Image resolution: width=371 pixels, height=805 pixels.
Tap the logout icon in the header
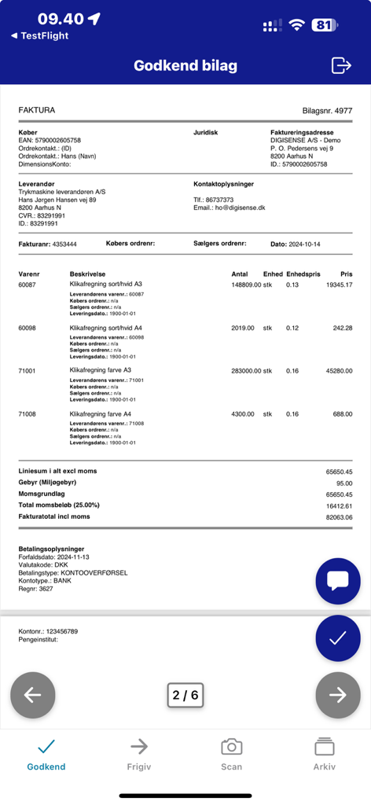tap(341, 65)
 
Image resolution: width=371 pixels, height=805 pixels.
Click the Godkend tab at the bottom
tap(46, 755)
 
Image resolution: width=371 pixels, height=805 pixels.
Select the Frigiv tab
tap(139, 755)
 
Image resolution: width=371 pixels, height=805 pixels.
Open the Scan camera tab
tap(231, 755)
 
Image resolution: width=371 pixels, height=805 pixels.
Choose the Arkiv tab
tap(324, 755)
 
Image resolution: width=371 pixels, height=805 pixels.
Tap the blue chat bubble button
tap(337, 581)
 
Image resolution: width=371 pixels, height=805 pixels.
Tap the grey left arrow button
tap(33, 694)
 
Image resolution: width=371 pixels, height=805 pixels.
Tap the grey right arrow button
tap(337, 694)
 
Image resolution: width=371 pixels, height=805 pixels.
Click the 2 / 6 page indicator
tap(185, 695)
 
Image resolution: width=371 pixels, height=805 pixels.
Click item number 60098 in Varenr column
tap(28, 328)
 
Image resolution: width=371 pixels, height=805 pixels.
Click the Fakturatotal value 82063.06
tap(339, 517)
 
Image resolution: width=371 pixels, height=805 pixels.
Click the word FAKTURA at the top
tap(37, 110)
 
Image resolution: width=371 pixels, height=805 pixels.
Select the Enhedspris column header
tap(303, 273)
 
